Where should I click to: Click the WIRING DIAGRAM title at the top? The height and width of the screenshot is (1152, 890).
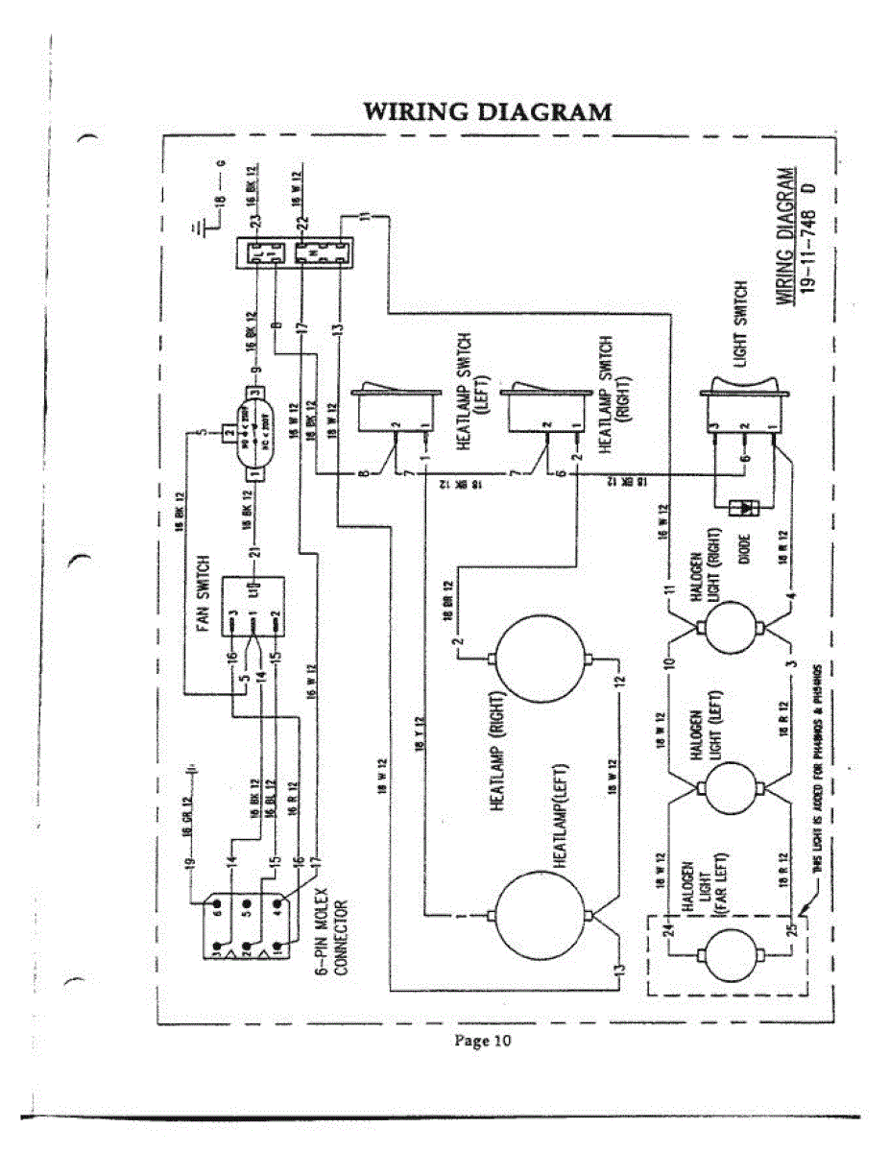coord(488,111)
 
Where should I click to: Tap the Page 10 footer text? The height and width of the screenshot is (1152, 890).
coord(482,1042)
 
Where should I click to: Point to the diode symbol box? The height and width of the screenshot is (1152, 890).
coord(741,506)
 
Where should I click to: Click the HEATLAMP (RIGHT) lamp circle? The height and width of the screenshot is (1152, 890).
coord(540,658)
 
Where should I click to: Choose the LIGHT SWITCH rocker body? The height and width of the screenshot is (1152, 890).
coord(740,412)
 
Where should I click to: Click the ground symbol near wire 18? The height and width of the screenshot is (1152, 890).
coord(196,227)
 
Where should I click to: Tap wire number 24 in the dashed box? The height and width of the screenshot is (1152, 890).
coord(669,928)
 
